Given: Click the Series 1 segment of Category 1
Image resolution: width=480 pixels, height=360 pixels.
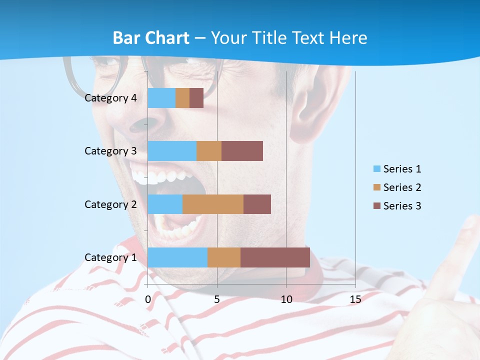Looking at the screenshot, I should point(177,257).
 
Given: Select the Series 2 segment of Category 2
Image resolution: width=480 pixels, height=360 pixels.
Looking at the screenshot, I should point(213,204).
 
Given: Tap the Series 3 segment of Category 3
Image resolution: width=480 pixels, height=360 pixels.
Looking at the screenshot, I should point(242,151).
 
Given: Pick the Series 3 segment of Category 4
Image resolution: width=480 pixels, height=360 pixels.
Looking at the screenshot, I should point(196,98).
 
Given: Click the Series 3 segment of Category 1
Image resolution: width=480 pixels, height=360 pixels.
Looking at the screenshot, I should point(275,257).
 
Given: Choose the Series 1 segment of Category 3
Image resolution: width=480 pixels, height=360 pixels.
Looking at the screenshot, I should point(172,151).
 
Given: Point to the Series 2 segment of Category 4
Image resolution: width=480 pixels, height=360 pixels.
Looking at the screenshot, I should point(182,98).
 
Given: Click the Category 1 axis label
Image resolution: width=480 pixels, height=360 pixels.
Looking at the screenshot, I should point(110,257).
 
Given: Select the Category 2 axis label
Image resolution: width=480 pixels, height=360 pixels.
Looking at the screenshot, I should point(110,204).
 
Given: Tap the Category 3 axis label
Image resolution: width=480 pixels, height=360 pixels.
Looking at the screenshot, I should point(110,151).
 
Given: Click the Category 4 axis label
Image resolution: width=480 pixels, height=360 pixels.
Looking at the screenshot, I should point(110,98).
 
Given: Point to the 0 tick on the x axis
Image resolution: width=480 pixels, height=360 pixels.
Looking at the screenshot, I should point(148,299).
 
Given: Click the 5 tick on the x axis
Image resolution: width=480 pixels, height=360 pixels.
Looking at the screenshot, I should point(217,299).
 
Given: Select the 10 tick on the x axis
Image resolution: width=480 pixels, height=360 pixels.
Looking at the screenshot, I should point(286,299).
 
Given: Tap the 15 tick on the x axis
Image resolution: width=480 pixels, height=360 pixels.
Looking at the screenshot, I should point(355,299).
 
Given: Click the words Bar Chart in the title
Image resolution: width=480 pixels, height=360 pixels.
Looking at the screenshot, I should point(151,38).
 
